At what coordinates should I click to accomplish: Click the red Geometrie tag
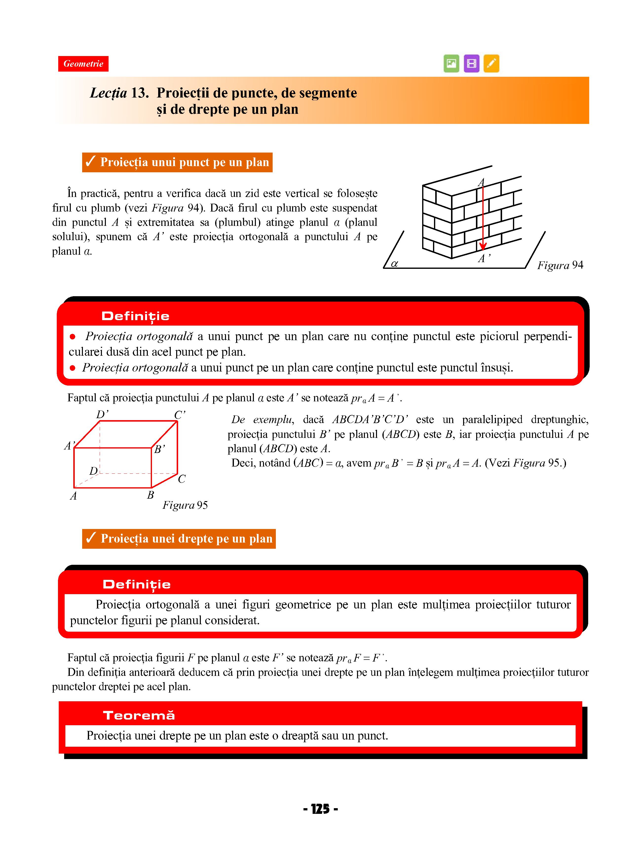83,64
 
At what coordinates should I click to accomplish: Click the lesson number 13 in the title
140,93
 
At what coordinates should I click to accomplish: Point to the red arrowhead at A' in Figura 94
483,246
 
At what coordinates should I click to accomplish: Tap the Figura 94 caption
560,265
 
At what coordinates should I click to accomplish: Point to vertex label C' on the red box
180,415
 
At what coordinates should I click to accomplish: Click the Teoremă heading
139,715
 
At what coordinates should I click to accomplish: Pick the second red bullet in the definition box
73,368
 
